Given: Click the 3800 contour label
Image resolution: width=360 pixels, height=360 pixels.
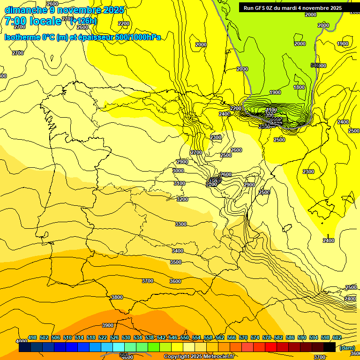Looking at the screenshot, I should click(117, 297).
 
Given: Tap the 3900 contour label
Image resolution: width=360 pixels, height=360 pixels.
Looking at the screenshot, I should click(108, 325).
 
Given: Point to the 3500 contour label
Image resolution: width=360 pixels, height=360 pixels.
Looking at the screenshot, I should click(176, 262).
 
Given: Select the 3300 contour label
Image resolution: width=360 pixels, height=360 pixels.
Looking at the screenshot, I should click(181, 224).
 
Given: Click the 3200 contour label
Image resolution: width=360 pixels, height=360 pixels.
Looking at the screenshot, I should click(182, 199).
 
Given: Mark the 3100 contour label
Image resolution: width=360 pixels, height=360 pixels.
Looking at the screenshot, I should click(179, 183).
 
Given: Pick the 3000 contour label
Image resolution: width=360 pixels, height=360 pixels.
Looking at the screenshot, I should click(178, 171).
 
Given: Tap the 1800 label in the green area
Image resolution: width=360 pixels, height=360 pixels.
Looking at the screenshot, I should click(299, 87).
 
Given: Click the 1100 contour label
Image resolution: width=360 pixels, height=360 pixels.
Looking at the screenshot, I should click(271, 110).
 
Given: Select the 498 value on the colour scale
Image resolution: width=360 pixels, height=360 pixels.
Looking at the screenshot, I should click(32, 337).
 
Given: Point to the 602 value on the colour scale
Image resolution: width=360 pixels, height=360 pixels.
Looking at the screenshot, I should click(337, 337).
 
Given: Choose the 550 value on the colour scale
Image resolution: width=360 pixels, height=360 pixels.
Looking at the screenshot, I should click(185, 337).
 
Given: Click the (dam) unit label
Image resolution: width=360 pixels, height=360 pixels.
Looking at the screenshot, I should click(347, 347).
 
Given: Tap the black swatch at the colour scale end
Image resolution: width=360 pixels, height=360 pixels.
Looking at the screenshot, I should click(330, 347).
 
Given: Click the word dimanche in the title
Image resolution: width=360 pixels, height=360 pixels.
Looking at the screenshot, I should click(23, 10).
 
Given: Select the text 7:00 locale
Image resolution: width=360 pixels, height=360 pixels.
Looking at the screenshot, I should click(33, 21).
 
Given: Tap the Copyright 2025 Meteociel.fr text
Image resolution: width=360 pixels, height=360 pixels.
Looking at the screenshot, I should click(199, 357).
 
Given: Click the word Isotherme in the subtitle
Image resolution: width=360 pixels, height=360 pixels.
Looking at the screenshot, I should click(22, 37).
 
